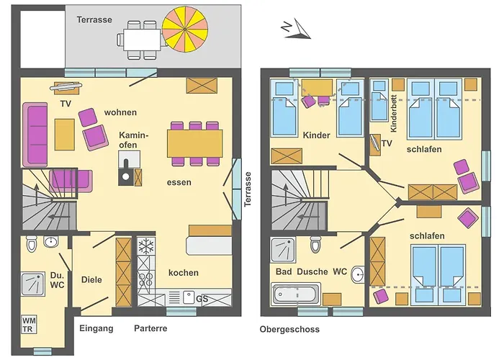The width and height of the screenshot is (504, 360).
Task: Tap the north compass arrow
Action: [x=295, y=28]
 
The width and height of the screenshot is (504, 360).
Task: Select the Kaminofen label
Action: [x=134, y=140]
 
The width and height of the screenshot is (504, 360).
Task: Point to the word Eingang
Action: [x=96, y=328]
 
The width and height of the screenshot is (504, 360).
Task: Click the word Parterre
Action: [x=150, y=328]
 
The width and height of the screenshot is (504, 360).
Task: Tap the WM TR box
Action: [x=30, y=324]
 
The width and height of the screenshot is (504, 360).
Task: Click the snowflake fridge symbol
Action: [x=146, y=246]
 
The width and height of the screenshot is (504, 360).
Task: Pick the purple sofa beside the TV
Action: [x=34, y=135]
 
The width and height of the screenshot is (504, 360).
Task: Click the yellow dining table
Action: [x=194, y=143]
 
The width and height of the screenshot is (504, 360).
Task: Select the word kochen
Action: [x=183, y=273]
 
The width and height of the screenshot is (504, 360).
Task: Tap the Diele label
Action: [x=91, y=279]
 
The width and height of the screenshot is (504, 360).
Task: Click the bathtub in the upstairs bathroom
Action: [x=295, y=294]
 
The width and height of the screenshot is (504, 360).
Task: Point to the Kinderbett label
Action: [x=393, y=116]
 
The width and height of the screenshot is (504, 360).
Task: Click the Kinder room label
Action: [x=316, y=135]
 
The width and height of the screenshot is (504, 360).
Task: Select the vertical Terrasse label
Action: [x=248, y=189]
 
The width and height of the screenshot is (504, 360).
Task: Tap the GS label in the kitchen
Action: [x=202, y=298]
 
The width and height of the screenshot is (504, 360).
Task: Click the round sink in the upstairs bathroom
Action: [x=357, y=273]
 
